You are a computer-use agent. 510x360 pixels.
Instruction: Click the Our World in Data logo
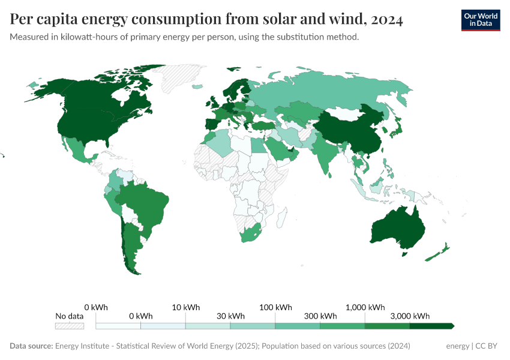coord(480,20)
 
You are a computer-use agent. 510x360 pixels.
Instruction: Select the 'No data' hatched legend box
coord(69,326)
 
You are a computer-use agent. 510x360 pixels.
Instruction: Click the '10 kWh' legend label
coord(185,307)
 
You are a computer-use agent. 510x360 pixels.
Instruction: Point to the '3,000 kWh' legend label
coord(410,316)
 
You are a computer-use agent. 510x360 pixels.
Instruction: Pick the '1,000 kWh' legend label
coord(365,307)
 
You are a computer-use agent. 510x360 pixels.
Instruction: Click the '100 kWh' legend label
coord(275,307)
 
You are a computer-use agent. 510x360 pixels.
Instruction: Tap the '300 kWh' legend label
coord(320,316)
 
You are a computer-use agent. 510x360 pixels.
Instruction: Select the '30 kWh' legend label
coord(230,316)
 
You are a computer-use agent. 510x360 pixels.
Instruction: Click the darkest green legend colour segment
coord(431,326)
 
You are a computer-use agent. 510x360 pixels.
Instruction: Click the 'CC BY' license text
coord(487,346)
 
